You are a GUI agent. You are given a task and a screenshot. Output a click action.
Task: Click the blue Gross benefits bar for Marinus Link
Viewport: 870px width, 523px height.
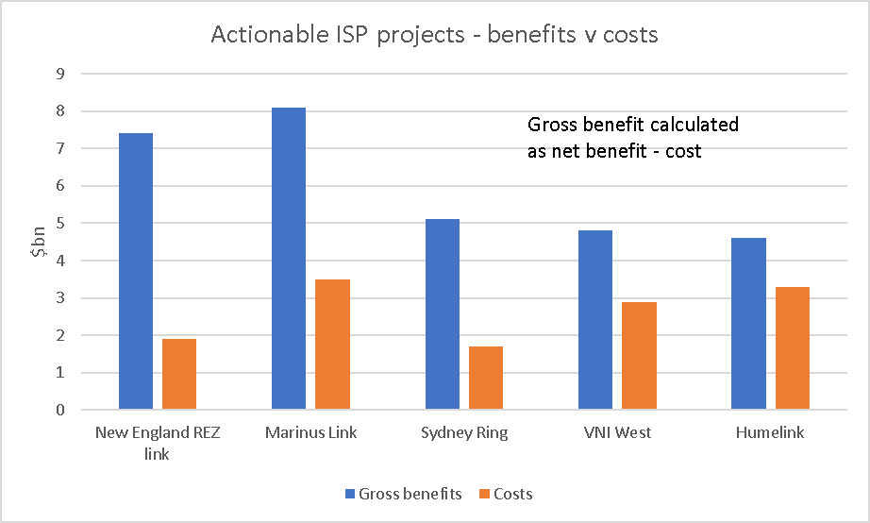[289, 259]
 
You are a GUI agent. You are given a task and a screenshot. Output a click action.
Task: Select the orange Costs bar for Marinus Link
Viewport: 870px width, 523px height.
[332, 345]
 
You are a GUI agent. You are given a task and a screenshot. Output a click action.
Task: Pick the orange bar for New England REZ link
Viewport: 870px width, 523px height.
[178, 375]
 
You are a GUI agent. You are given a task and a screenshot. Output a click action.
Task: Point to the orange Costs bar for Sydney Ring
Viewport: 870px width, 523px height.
[486, 379]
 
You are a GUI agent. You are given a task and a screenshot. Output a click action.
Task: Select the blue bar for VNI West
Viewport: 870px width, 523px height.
[595, 320]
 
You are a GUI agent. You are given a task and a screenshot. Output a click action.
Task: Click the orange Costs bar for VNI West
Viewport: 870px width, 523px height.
[639, 356]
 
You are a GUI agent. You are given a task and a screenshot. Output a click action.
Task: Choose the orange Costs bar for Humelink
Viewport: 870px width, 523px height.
[793, 348]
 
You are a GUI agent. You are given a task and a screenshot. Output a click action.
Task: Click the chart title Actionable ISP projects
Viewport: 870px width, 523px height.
[434, 35]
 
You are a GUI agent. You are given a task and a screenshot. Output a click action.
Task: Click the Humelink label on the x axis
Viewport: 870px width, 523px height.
[771, 433]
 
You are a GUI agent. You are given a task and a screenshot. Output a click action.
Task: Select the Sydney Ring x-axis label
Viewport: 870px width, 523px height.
[463, 433]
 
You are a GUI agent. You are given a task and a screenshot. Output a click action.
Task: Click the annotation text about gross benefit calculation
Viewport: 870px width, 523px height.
[632, 138]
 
